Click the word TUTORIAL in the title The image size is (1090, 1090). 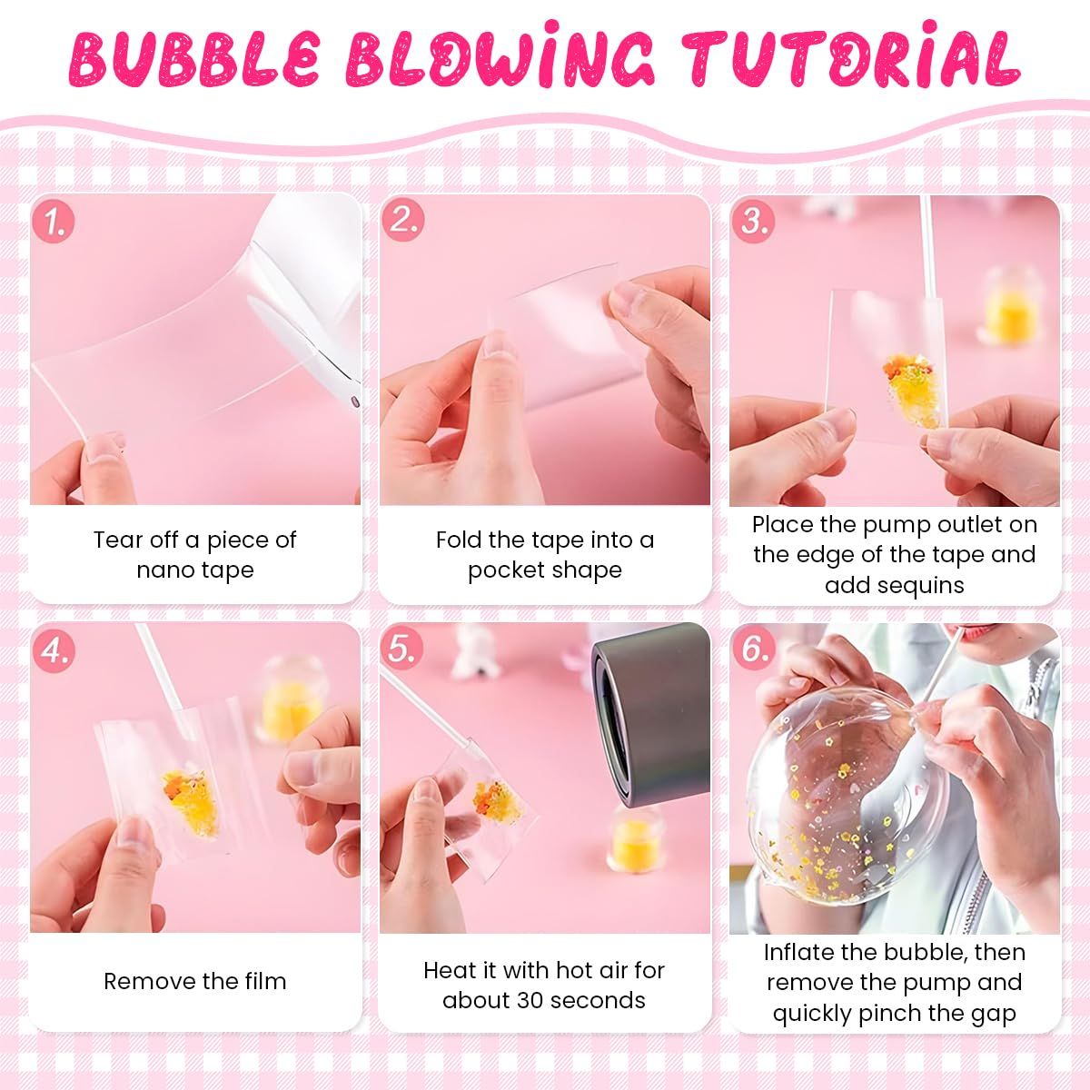[x=852, y=59]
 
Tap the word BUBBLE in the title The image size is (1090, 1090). [x=194, y=59]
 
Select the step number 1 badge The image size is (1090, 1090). [x=54, y=222]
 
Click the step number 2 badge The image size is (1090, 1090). [x=403, y=221]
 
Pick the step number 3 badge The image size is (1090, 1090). [x=754, y=221]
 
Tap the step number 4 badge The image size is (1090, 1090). [x=54, y=650]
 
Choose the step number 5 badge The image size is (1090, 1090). [x=403, y=649]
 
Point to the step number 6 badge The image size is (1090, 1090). [x=754, y=649]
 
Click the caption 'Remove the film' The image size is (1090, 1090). [x=194, y=981]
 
